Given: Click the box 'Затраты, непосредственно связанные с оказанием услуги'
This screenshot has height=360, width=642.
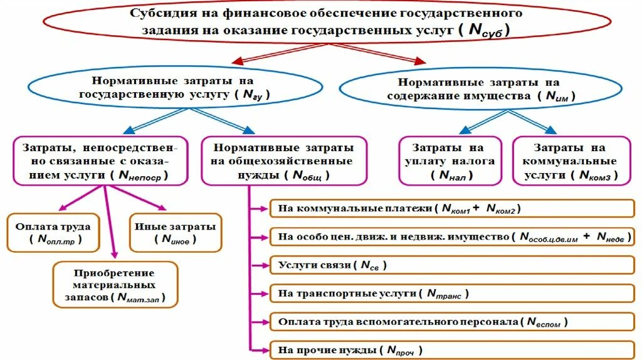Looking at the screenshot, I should tap(100, 162).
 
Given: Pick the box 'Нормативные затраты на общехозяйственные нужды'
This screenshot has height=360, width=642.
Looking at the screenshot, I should tap(283, 162).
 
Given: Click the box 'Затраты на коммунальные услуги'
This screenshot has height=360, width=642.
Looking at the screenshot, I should tap(569, 162).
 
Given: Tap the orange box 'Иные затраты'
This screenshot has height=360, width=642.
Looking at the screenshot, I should tap(175, 232).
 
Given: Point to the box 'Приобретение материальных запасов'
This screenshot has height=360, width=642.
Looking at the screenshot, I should tap(114, 285).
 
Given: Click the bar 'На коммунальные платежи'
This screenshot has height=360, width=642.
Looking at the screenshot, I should tap(451, 208).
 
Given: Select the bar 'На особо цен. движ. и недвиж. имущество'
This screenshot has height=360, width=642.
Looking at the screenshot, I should tap(451, 236).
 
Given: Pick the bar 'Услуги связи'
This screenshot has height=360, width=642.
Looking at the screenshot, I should tap(451, 265).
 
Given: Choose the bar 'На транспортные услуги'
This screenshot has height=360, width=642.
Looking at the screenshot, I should tap(451, 293).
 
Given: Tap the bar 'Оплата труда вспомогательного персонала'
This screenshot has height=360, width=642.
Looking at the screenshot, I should tap(451, 322).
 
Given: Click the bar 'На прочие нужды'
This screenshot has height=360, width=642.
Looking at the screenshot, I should tap(451, 350).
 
